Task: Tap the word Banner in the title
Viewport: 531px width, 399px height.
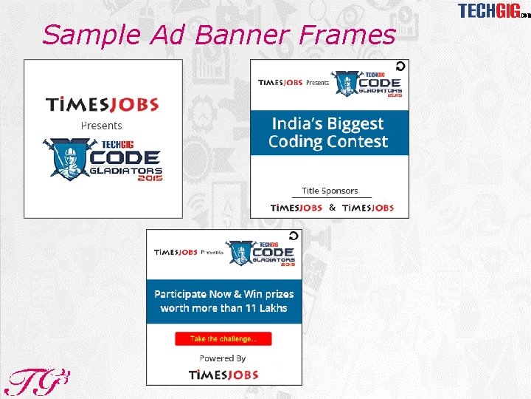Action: pyautogui.click(x=240, y=34)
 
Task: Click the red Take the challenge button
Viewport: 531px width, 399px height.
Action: pyautogui.click(x=223, y=338)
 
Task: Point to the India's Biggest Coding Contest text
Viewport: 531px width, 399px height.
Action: pyautogui.click(x=328, y=132)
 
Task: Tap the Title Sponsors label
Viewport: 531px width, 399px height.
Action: pyautogui.click(x=330, y=191)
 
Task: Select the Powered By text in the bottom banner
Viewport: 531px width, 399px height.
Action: pyautogui.click(x=222, y=358)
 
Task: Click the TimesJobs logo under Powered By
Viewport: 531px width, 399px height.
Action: pyautogui.click(x=223, y=375)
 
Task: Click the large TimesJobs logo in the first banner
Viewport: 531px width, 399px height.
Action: pyautogui.click(x=103, y=104)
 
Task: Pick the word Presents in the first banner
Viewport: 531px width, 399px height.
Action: pyautogui.click(x=101, y=125)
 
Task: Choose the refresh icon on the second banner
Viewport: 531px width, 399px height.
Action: pyautogui.click(x=400, y=66)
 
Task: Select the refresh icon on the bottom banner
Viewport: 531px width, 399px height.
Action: pyautogui.click(x=294, y=236)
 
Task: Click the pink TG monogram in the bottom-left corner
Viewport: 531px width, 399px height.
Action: pyautogui.click(x=37, y=381)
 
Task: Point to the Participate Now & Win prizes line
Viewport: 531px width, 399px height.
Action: pyautogui.click(x=223, y=294)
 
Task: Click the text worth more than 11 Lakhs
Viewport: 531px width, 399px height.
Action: pyautogui.click(x=223, y=308)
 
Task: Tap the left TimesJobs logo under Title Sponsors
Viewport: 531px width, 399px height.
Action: pyautogui.click(x=296, y=208)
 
